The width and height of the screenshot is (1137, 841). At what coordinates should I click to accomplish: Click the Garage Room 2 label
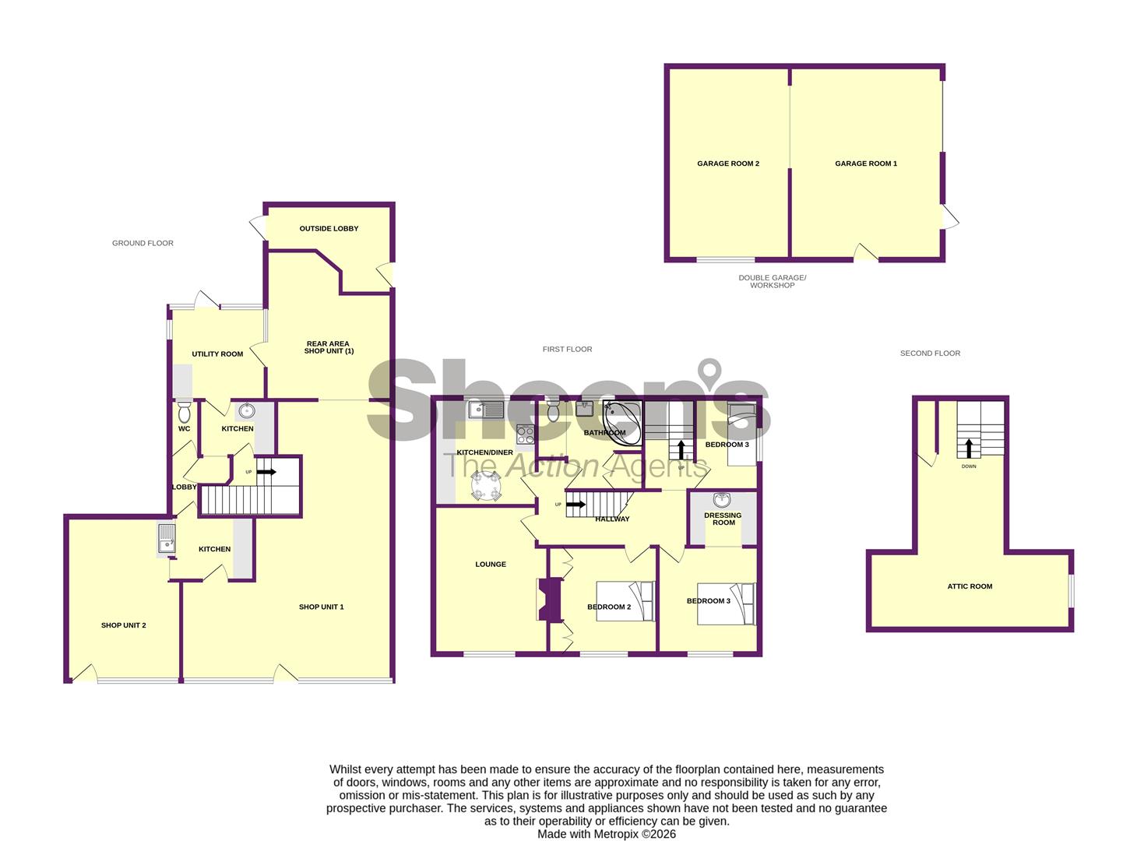(x=727, y=164)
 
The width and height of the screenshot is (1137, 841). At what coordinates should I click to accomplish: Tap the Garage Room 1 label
(x=866, y=164)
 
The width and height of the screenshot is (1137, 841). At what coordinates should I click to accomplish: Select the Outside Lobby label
(x=329, y=229)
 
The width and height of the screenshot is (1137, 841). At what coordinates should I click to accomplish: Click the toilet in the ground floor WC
(x=184, y=411)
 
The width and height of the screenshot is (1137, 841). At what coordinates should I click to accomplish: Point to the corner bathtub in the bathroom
(x=622, y=423)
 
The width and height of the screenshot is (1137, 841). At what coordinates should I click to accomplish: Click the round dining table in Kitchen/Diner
(x=485, y=485)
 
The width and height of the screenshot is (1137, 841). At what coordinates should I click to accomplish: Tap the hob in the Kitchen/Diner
(x=525, y=435)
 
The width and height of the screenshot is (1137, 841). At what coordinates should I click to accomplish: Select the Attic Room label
(x=970, y=586)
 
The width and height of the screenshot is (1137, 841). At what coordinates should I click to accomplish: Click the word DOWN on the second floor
(x=968, y=466)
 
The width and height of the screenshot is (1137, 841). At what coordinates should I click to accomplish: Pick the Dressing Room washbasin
(x=722, y=499)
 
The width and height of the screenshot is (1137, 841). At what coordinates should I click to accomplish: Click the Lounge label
(x=491, y=564)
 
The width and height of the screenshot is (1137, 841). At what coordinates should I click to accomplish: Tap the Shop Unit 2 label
(x=124, y=625)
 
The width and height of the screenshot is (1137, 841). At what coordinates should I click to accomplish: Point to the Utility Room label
(x=217, y=354)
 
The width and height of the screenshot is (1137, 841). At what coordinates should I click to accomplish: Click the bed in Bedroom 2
(x=625, y=600)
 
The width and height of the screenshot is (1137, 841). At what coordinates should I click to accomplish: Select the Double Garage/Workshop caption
(x=772, y=282)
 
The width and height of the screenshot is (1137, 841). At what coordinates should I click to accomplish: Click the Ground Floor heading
(x=143, y=243)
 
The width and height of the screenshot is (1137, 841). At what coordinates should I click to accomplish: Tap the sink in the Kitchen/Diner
(x=486, y=410)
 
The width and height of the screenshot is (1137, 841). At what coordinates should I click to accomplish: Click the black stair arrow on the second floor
(x=968, y=449)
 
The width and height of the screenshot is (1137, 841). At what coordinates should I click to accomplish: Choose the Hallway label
(x=612, y=519)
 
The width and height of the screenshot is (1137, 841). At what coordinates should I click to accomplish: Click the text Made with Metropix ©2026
(x=607, y=834)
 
